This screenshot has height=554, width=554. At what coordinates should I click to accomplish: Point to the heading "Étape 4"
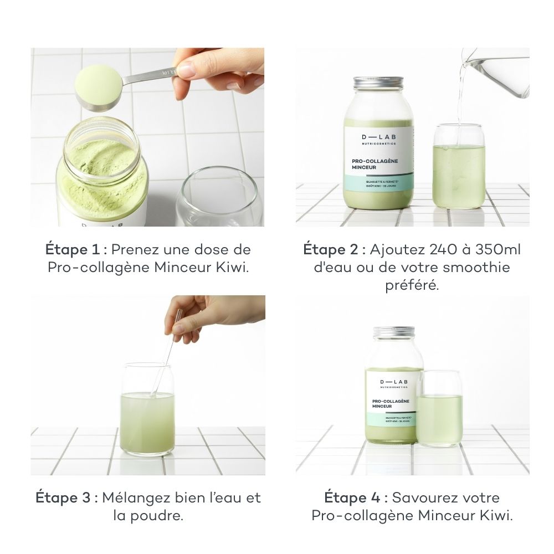[350, 497]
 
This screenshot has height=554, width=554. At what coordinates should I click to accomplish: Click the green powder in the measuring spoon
[99, 81]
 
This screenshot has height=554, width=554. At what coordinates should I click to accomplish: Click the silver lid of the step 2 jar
[378, 84]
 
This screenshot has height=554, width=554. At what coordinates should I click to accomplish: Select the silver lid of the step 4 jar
[394, 332]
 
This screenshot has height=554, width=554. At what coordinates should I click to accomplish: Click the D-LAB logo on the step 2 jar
[378, 137]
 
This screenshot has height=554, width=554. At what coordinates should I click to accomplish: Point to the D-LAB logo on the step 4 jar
[393, 382]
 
